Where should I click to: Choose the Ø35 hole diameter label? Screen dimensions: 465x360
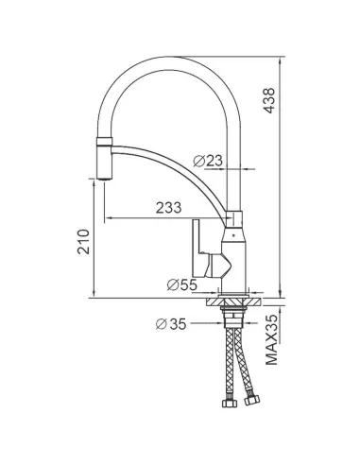[x=170, y=325]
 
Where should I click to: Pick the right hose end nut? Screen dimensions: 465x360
[x=250, y=408]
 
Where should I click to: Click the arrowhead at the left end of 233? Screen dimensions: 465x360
[x=106, y=216]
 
